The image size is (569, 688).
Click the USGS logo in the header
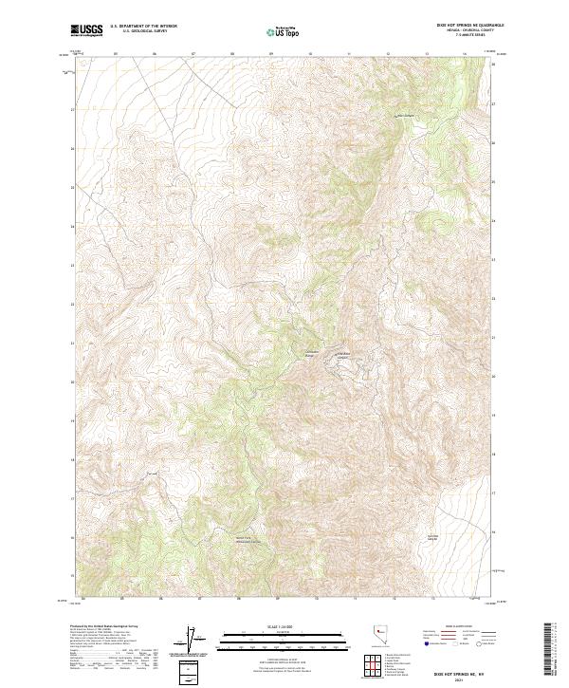click(87, 31)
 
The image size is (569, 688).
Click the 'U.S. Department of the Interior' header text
click(143, 28)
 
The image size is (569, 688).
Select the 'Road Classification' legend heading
click(462, 627)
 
